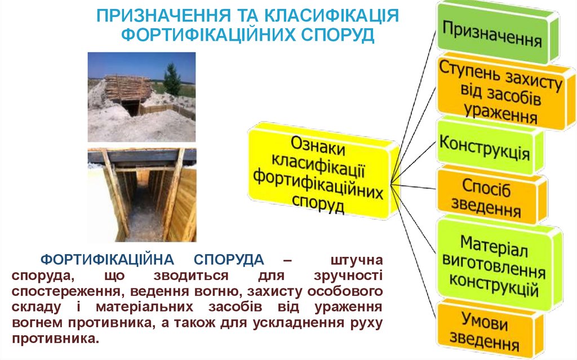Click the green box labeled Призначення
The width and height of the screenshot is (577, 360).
[491, 34]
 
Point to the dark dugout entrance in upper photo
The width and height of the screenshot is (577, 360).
[131, 107]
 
